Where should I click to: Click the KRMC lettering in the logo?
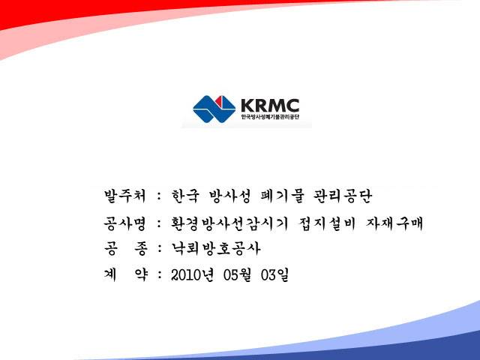click(x=270, y=105)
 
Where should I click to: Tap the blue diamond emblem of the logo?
click(x=214, y=109)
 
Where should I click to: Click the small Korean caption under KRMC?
click(x=270, y=117)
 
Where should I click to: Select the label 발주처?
click(x=125, y=196)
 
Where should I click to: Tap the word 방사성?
click(x=229, y=196)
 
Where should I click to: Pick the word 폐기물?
click(x=281, y=196)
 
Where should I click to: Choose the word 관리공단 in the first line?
click(x=342, y=196)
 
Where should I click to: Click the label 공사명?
click(x=125, y=223)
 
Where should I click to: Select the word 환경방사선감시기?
click(x=229, y=223)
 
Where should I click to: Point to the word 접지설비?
click(x=327, y=223)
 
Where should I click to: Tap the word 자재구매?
click(x=394, y=223)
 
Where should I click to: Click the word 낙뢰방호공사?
click(x=216, y=248)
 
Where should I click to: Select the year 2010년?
click(x=192, y=275)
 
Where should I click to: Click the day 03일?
click(x=275, y=275)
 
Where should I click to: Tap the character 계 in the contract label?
click(x=110, y=275)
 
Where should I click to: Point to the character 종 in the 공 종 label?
click(x=140, y=248)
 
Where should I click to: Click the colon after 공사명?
click(x=159, y=223)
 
